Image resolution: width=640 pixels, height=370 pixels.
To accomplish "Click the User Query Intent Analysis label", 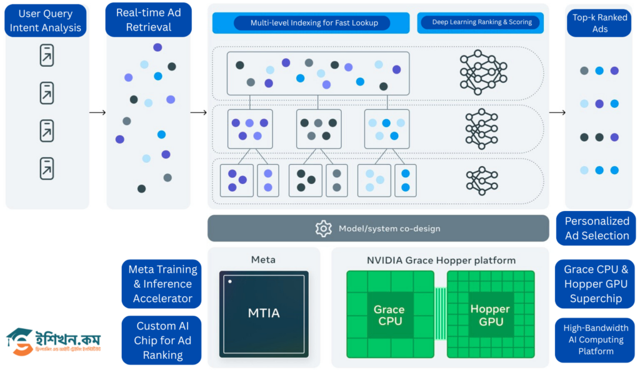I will pos(45,21).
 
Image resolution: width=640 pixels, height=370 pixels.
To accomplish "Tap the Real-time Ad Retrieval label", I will pos(148,20).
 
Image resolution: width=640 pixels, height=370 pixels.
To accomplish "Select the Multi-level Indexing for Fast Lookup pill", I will pos(311,23).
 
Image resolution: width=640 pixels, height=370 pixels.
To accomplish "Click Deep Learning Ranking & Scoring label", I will pos(481,22).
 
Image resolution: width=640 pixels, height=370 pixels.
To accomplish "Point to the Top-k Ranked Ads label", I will pos(599,23).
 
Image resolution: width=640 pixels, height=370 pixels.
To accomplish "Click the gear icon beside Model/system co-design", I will pos(323,228).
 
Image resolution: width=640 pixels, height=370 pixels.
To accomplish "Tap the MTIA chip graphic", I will pos(263,314).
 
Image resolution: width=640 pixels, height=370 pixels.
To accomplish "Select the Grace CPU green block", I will pos(388,315).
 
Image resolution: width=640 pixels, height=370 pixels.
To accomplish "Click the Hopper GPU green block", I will pos(490,315).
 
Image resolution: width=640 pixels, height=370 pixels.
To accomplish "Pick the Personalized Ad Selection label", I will pos(596,228).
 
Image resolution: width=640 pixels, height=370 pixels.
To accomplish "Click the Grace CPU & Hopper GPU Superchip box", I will pos(595,284).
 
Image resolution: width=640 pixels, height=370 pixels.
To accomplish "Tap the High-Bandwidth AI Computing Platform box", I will pos(595,340).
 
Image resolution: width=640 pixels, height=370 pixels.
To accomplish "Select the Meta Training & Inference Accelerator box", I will pos(162,284).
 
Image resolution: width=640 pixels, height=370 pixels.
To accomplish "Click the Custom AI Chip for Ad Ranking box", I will pos(162,340).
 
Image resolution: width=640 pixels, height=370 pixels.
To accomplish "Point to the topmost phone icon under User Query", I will pos(47,56).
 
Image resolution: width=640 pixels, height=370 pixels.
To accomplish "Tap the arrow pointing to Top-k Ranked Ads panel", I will pos(557,112).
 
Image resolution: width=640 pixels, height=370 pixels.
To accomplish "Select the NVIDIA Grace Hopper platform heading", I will pos(441,260).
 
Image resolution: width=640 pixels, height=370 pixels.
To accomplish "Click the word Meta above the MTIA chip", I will pos(262,260).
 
